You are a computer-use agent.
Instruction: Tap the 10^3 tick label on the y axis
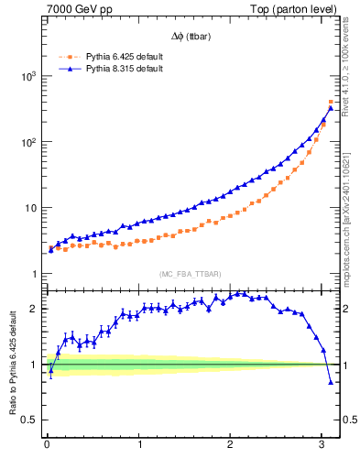27,76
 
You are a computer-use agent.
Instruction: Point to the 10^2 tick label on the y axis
27,142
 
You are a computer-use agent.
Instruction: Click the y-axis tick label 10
29,208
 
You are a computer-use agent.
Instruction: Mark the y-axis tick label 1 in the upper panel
34,274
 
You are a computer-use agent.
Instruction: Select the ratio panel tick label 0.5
30,420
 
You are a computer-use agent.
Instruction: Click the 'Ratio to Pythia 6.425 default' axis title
12,364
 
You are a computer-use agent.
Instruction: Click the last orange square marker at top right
331,102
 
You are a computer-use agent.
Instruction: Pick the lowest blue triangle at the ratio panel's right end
331,382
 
